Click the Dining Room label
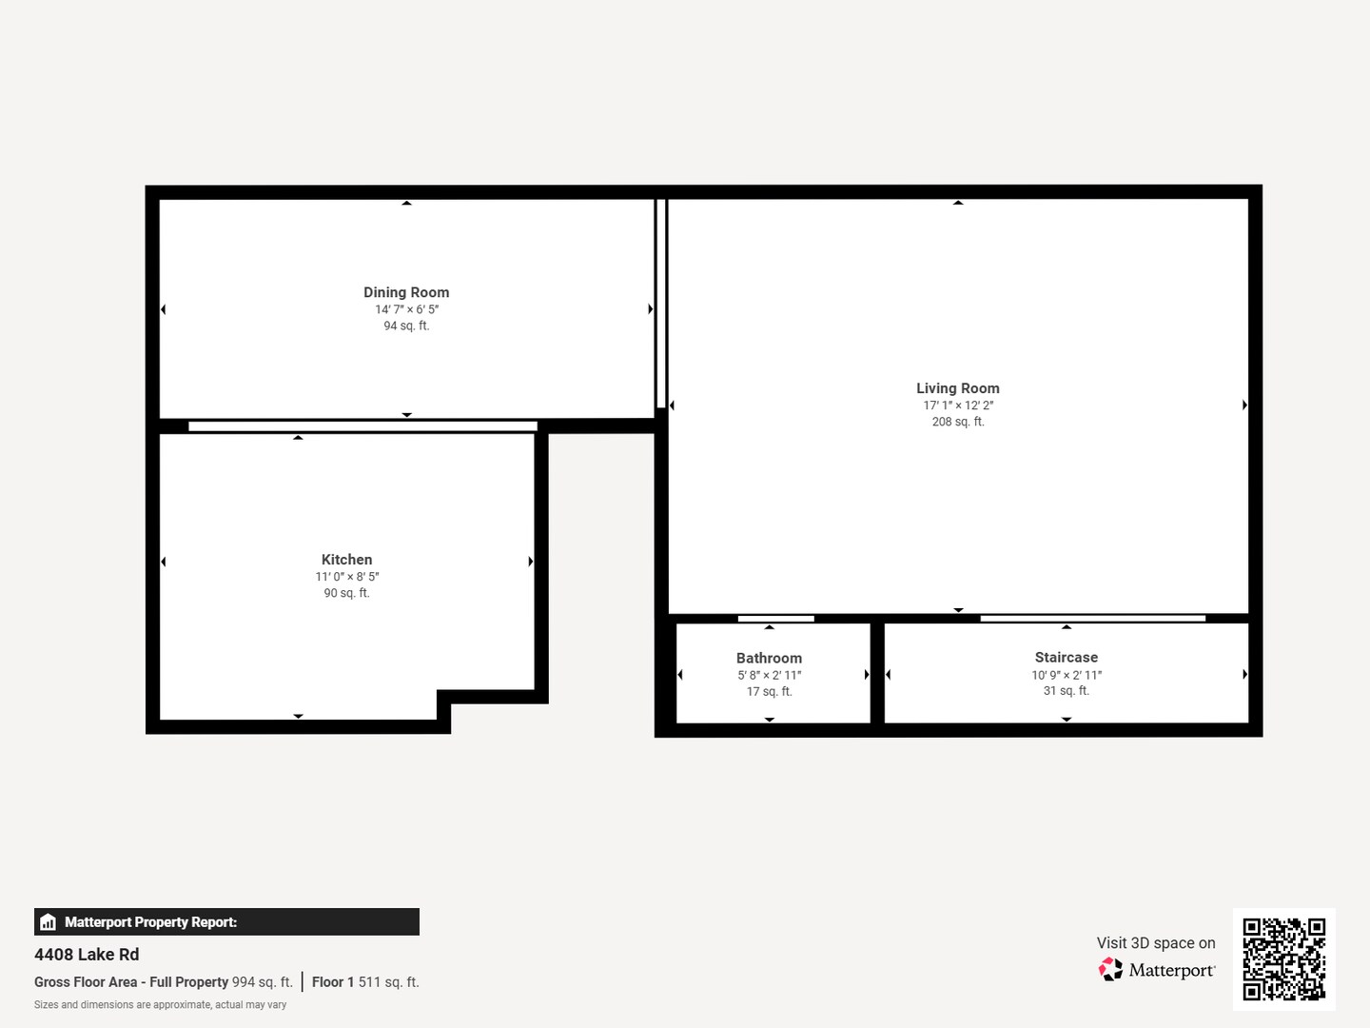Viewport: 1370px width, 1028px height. tap(406, 292)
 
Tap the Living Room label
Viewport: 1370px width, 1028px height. tap(957, 388)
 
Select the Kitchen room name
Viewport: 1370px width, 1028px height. tap(346, 560)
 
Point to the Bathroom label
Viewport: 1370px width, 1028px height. tap(769, 658)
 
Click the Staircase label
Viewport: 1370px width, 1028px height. tap(1067, 657)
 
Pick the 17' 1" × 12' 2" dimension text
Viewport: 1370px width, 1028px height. tap(958, 405)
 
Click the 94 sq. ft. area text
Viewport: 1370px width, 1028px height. tap(406, 326)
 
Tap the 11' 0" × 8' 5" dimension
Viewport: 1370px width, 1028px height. tap(346, 577)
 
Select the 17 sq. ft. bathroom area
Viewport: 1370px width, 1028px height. tap(769, 692)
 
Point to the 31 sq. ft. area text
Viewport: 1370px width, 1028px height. tap(1067, 691)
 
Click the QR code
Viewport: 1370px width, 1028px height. tap(1283, 959)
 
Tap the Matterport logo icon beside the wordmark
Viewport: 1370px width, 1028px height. tap(1110, 969)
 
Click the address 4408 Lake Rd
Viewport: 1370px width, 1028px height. tap(87, 955)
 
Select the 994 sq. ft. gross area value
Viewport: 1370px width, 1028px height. tap(263, 981)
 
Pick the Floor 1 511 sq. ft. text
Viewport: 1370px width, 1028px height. tap(365, 981)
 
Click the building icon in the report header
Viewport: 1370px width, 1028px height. tap(49, 922)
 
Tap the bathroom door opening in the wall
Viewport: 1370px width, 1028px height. tap(775, 619)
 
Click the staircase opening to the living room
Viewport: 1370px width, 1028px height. tap(1093, 618)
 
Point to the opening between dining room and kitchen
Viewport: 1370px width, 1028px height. tap(362, 426)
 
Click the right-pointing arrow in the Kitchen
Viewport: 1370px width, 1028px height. tap(531, 562)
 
